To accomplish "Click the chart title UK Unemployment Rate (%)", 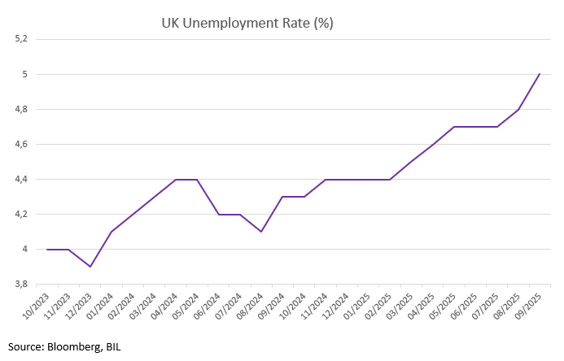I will click(247, 23).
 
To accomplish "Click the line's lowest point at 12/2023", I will click(90, 267).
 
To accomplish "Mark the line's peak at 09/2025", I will click(540, 74).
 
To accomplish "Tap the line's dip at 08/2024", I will click(261, 232).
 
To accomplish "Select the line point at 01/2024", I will click(111, 232).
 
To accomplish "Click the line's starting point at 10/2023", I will click(47, 249).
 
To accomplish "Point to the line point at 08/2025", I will click(518, 109).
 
